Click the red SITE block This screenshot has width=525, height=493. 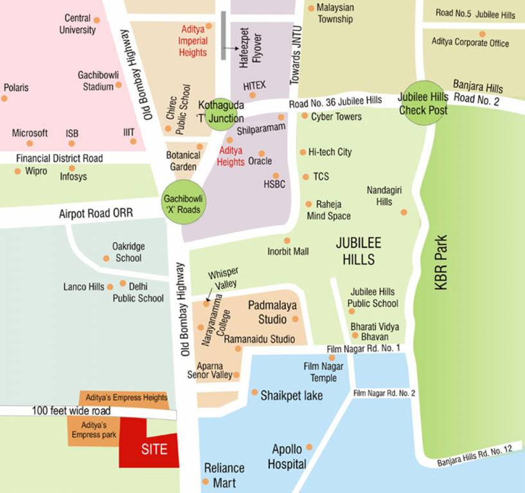pos(151,445)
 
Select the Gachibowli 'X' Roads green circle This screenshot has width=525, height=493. pos(181,203)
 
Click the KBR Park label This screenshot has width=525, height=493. pos(441,263)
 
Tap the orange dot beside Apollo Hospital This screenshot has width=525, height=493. pos(309,447)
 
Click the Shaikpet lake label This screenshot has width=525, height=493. pos(291,395)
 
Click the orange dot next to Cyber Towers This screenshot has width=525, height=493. pos(305,116)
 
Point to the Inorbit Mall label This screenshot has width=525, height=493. pos(289,252)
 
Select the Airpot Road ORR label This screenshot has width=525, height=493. pos(95,213)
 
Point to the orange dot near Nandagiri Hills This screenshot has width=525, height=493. pos(404,212)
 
